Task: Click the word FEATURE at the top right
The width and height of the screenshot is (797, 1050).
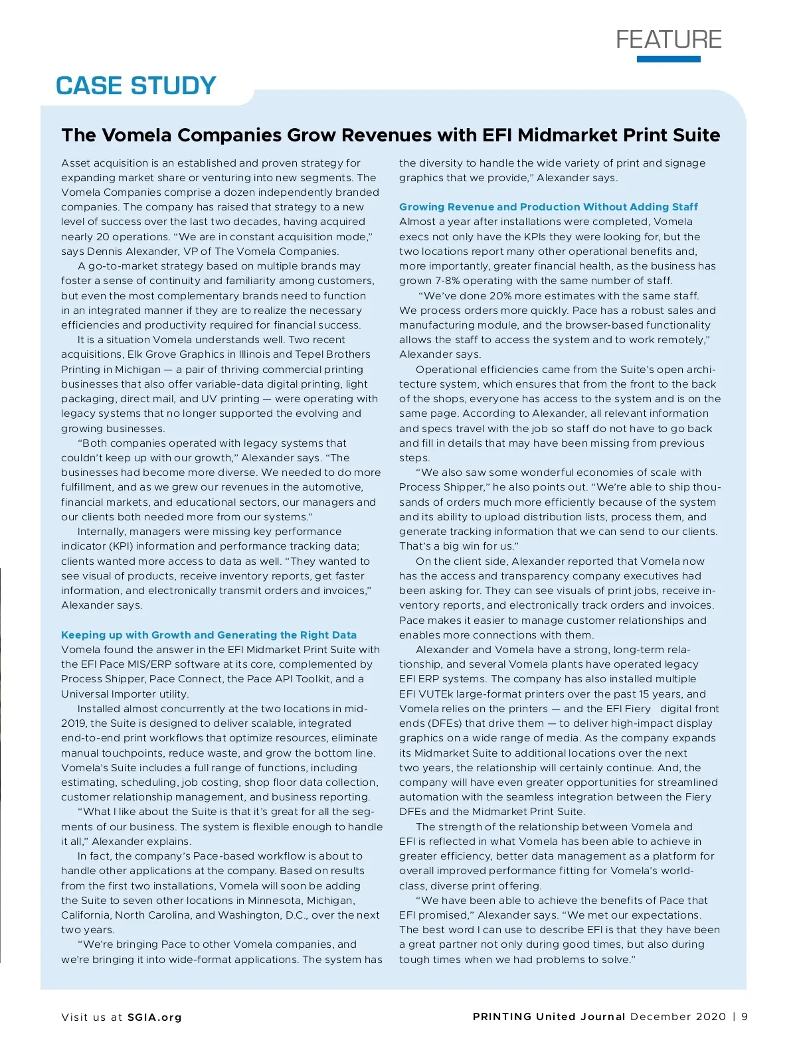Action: pos(668,39)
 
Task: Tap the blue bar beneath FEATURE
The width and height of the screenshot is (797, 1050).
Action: pos(668,59)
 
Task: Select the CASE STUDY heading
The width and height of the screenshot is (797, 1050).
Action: pos(136,86)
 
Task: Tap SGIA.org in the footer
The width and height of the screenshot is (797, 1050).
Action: pos(154,1017)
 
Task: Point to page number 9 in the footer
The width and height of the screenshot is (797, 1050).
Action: pos(745,1017)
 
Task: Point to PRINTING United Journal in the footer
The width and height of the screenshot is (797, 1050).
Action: pos(549,1017)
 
